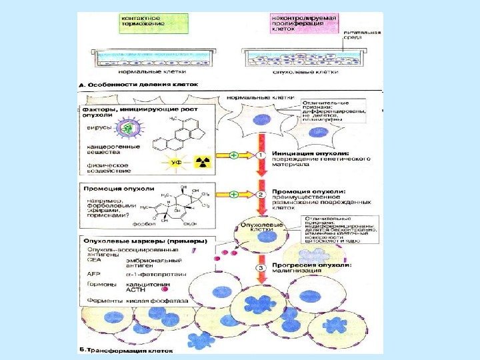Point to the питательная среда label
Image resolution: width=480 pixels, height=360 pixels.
pos(362,35)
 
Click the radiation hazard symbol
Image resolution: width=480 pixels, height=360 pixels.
pos(202,161)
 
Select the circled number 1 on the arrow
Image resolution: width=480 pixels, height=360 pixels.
pos(262,155)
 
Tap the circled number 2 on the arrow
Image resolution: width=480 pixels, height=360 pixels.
pos(262,194)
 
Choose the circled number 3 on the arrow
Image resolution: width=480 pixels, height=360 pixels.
pos(262,268)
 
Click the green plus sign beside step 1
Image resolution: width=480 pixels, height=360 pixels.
pos(233,155)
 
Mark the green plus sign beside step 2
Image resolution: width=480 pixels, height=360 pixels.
pos(233,194)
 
